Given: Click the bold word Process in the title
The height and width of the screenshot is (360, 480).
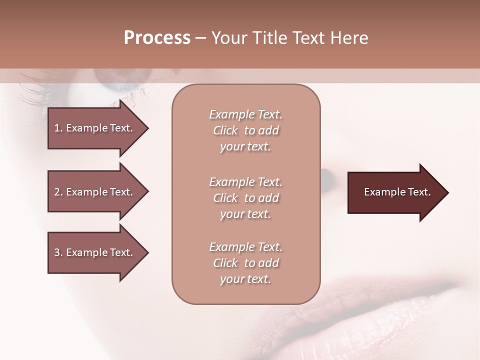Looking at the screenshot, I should point(157,38).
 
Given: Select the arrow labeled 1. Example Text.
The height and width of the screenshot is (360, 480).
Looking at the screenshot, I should point(95,128).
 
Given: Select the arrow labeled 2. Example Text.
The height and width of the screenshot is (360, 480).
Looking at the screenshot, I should point(95,192).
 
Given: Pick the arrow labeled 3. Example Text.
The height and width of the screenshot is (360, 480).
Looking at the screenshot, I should point(95,252).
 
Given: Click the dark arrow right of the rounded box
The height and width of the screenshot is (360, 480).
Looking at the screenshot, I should point(395,192).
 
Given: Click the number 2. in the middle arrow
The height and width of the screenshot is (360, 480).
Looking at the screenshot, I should point(58,192).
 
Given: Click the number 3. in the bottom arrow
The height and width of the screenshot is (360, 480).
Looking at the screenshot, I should point(58,252).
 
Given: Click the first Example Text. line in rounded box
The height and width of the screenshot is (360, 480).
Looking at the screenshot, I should point(245,114).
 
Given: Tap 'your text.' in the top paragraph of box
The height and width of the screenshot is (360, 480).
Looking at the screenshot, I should point(245,147).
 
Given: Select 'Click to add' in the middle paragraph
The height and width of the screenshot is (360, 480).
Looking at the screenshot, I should point(245,198).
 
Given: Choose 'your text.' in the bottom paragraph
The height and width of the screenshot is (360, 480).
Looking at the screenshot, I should point(245,279).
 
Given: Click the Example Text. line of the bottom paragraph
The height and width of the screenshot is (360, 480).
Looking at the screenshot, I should point(245,247).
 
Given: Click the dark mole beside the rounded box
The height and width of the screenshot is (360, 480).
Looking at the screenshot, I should point(327,175).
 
